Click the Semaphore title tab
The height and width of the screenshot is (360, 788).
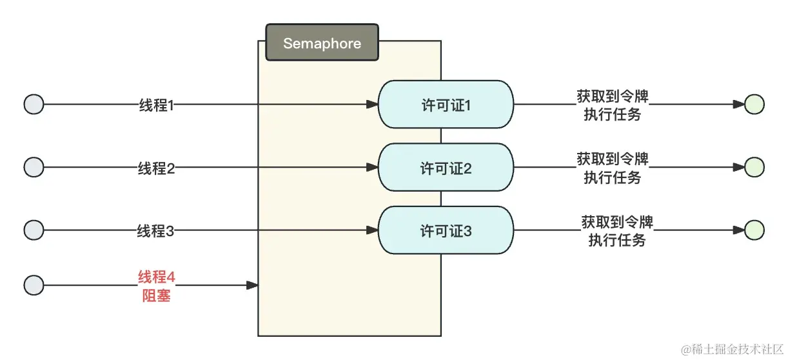tap(322, 43)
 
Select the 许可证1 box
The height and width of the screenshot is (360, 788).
tap(446, 105)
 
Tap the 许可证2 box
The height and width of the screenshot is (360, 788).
tap(446, 168)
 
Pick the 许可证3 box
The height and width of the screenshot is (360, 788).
tap(446, 230)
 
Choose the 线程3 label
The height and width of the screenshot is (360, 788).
tap(156, 230)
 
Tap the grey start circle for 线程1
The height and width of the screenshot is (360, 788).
tap(34, 104)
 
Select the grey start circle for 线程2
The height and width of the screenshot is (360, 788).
tap(34, 167)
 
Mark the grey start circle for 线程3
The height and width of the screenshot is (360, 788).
tap(34, 230)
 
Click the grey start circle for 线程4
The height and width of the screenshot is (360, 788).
tap(34, 285)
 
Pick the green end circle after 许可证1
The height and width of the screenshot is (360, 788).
tap(754, 104)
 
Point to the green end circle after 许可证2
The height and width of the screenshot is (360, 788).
tap(754, 167)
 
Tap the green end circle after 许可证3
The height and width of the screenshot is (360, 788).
tap(754, 230)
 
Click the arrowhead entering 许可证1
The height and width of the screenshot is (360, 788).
tap(372, 104)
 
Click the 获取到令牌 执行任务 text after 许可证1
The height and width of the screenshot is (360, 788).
tap(613, 105)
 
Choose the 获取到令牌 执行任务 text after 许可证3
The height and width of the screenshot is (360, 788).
tap(617, 231)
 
